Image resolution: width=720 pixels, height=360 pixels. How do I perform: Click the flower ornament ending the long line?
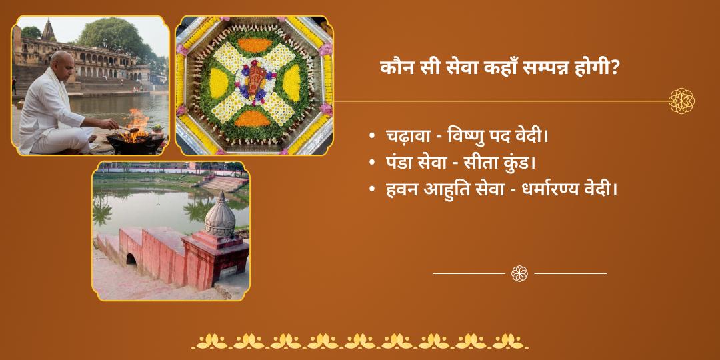[681, 101]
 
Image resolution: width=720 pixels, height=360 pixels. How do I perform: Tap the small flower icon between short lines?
[519, 274]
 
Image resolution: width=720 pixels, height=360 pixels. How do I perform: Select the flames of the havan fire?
[137, 124]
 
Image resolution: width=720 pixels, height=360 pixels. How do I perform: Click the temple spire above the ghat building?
[48, 30]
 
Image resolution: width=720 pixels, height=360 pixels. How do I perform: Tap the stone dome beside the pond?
[220, 216]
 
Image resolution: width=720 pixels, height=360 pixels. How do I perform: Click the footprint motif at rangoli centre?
[255, 83]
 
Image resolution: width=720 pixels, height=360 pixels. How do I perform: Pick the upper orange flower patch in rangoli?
[255, 45]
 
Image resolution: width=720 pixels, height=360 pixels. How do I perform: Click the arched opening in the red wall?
[131, 259]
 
